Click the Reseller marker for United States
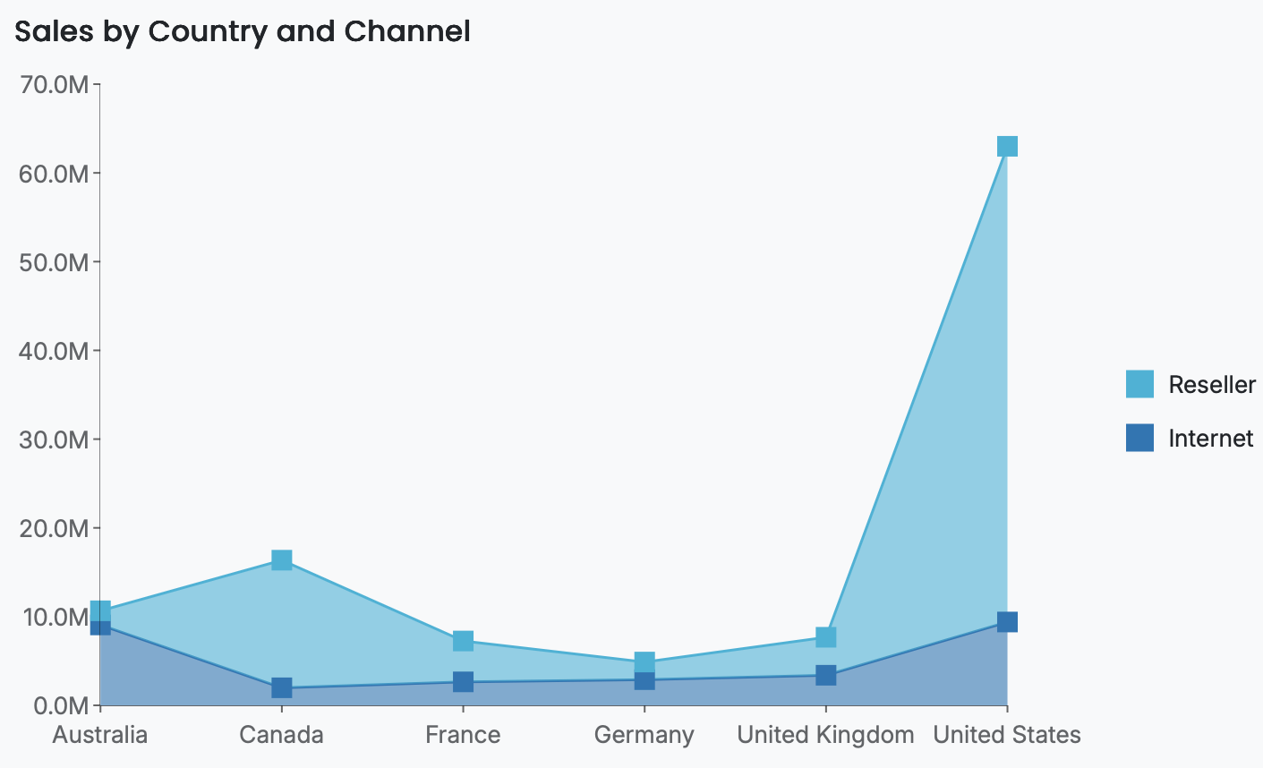click(x=1007, y=146)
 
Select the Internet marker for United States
click(x=1007, y=621)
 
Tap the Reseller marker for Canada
click(x=281, y=560)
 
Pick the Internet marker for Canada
click(x=281, y=687)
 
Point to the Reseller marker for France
click(x=463, y=641)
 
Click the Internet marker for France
click(x=463, y=682)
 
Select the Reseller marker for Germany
click(x=644, y=662)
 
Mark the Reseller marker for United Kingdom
click(x=825, y=637)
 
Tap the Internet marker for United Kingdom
click(x=825, y=675)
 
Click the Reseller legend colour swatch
click(x=1139, y=384)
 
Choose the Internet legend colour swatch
click(x=1139, y=438)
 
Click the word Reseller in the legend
click(x=1212, y=385)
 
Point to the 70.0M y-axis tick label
click(x=54, y=85)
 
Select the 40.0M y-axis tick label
click(x=54, y=351)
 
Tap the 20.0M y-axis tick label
click(x=54, y=528)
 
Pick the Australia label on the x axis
click(x=100, y=735)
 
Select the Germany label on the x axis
click(x=644, y=735)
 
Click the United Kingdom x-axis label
click(x=825, y=735)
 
